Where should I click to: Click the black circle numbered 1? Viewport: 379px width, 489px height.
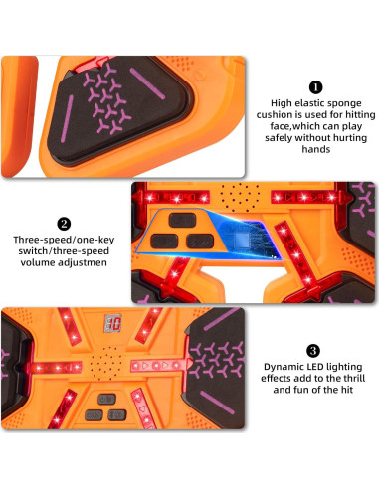coord(315,87)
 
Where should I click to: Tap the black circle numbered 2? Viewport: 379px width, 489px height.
coord(64,224)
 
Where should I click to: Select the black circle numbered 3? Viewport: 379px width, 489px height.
coord(313,351)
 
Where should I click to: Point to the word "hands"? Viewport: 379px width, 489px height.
coord(316,149)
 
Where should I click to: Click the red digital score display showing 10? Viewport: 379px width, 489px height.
coord(113,323)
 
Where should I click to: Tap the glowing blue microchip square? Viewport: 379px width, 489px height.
coord(242,240)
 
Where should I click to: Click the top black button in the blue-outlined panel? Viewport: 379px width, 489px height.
coord(182,220)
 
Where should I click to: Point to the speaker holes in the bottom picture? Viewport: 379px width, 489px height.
coord(106,363)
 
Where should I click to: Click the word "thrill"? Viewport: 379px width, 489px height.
coord(354,379)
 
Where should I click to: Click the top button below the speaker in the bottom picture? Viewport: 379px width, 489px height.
coord(106,399)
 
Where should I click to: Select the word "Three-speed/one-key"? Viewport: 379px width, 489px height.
coord(64,240)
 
